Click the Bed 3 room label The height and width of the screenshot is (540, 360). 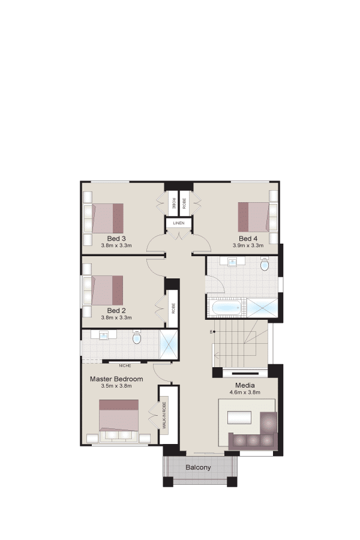(x=116, y=238)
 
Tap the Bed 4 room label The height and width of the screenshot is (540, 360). (x=248, y=238)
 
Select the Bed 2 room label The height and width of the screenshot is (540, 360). (x=116, y=310)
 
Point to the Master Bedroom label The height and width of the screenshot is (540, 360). (x=116, y=379)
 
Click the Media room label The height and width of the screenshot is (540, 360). (x=245, y=385)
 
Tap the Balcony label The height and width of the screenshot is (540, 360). (x=198, y=467)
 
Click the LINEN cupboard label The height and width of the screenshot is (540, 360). (x=179, y=223)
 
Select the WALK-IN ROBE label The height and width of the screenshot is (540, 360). (x=164, y=415)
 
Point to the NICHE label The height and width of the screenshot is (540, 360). (x=125, y=365)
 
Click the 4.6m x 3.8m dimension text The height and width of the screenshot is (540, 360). (x=245, y=392)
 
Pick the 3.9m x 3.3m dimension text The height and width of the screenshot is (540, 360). (x=248, y=245)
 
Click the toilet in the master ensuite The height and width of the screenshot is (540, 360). (x=137, y=337)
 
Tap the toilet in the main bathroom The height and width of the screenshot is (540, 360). (x=264, y=264)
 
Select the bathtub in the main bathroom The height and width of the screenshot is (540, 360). (x=227, y=308)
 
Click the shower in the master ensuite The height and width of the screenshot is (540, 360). (x=169, y=345)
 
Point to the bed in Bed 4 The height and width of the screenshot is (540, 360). (x=254, y=217)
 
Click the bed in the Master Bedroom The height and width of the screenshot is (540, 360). (x=119, y=418)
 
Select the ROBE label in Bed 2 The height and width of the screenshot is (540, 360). (x=173, y=308)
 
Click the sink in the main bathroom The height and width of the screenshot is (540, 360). (x=233, y=262)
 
